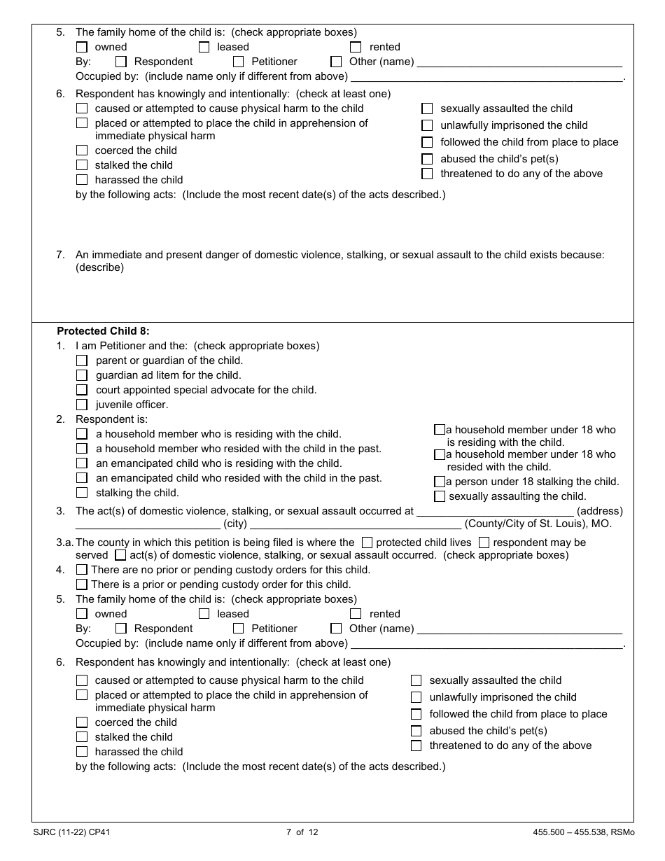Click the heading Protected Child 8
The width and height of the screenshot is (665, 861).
103,331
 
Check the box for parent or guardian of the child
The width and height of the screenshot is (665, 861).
82,360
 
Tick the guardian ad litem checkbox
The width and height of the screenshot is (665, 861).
82,375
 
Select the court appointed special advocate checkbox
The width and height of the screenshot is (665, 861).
82,390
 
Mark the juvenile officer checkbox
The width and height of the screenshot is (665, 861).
82,405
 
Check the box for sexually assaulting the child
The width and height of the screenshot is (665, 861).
440,496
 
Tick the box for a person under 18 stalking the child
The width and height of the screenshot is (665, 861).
440,482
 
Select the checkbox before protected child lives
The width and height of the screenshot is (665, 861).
367,542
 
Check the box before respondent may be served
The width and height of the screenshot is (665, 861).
484,542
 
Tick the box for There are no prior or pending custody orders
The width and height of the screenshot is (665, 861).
82,570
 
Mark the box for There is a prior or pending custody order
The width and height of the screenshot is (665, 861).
82,584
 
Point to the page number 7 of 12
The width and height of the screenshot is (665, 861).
302,832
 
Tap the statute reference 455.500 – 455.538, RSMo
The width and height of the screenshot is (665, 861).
583,832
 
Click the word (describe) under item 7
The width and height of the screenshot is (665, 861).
99,267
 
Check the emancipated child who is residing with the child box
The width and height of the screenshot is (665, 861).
82,463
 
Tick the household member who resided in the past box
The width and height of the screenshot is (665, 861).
82,449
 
